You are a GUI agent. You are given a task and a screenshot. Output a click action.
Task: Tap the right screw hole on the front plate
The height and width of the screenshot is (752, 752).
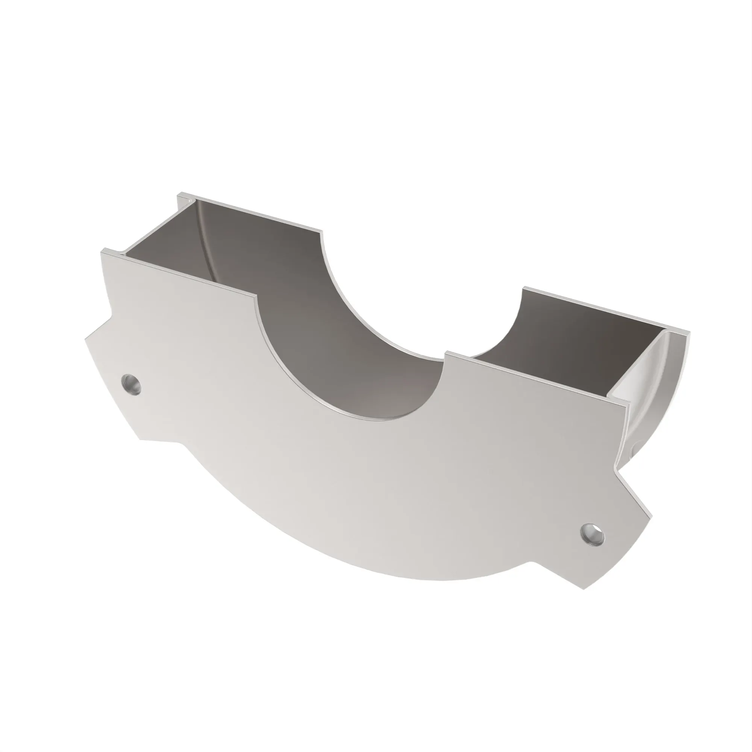[x=592, y=534]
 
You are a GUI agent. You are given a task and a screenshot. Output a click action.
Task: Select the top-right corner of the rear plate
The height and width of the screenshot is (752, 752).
[x=689, y=332]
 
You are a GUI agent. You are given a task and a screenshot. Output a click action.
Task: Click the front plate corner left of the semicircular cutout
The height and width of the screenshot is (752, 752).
[x=257, y=296]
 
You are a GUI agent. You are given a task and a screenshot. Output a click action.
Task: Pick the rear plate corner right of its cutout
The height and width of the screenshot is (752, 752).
[x=523, y=288]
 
